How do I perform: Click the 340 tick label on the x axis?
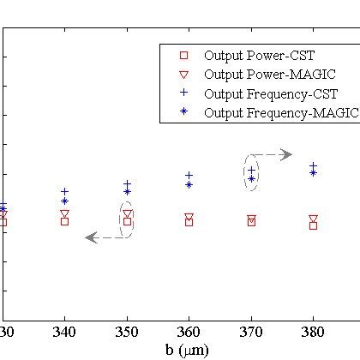click(x=64, y=332)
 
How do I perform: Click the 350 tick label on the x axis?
click(x=127, y=332)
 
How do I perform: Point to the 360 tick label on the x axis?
click(x=189, y=332)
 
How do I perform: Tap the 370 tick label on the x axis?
click(x=251, y=332)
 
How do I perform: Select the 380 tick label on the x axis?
click(x=313, y=332)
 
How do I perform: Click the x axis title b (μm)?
click(x=186, y=350)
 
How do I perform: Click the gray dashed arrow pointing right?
click(x=276, y=154)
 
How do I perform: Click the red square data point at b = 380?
click(x=313, y=225)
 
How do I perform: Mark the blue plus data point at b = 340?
click(x=64, y=192)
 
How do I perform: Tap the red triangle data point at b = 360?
click(x=189, y=218)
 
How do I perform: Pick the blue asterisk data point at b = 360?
click(x=189, y=184)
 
